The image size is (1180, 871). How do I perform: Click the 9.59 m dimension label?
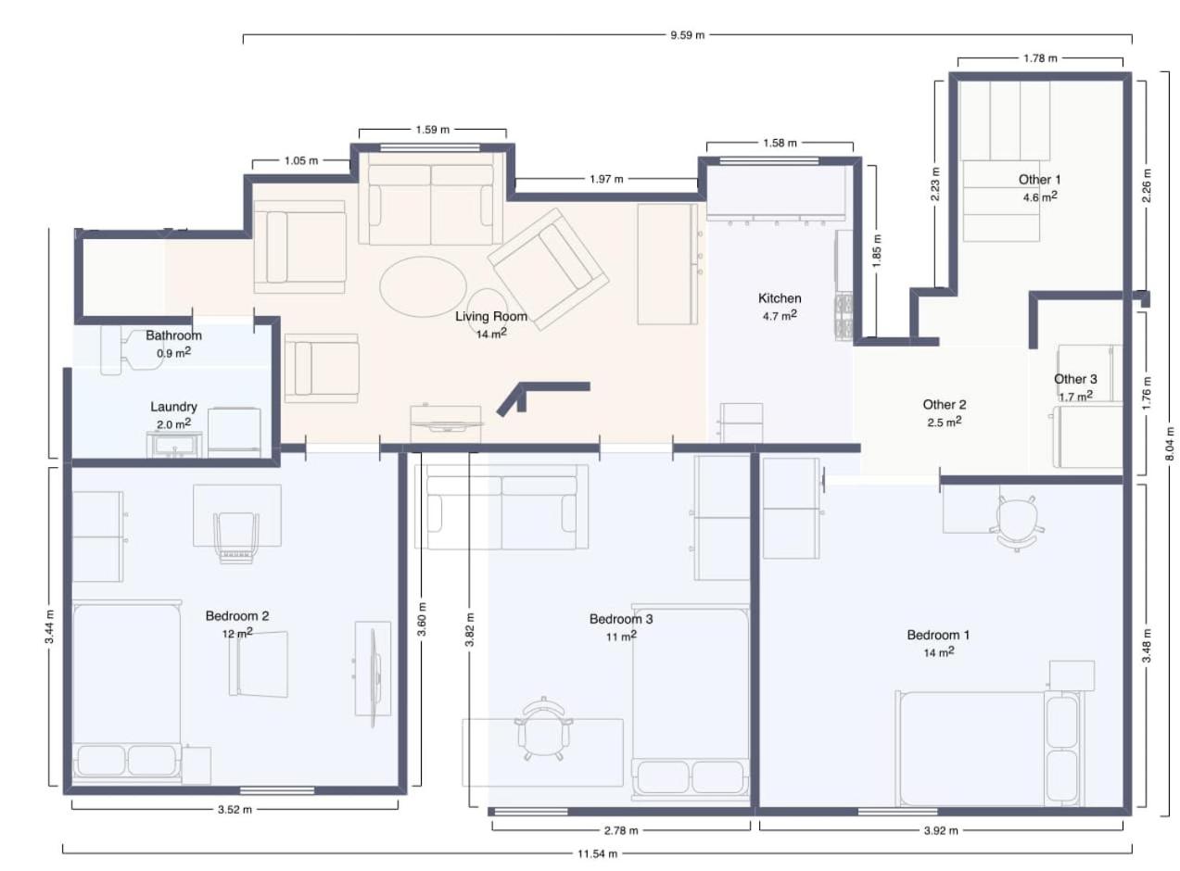pos(687,35)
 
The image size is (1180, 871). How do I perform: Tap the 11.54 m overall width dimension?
pos(598,853)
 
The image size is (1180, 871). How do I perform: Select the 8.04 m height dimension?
pos(1170,444)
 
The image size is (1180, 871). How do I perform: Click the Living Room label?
pos(491,316)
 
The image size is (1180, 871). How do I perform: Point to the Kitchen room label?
pos(780,298)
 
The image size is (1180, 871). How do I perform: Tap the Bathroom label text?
pos(173,335)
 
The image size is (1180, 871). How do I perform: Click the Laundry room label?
pos(173,407)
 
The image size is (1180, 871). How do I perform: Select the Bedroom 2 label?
pos(237,616)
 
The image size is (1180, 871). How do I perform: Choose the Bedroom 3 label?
pos(621,619)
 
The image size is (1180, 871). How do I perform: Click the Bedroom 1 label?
pos(938,635)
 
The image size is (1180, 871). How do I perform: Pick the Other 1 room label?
pos(1039,180)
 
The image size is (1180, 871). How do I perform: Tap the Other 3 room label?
pos(1075,379)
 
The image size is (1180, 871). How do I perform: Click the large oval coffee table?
pos(423,286)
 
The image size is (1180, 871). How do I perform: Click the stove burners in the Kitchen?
pos(844,316)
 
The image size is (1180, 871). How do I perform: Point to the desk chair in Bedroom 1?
pos(1016,524)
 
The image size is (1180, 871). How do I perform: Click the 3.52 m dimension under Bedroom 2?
pos(235,810)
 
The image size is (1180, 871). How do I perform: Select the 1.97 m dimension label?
pos(606,179)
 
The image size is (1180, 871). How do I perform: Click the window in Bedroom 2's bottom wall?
pos(276,790)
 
